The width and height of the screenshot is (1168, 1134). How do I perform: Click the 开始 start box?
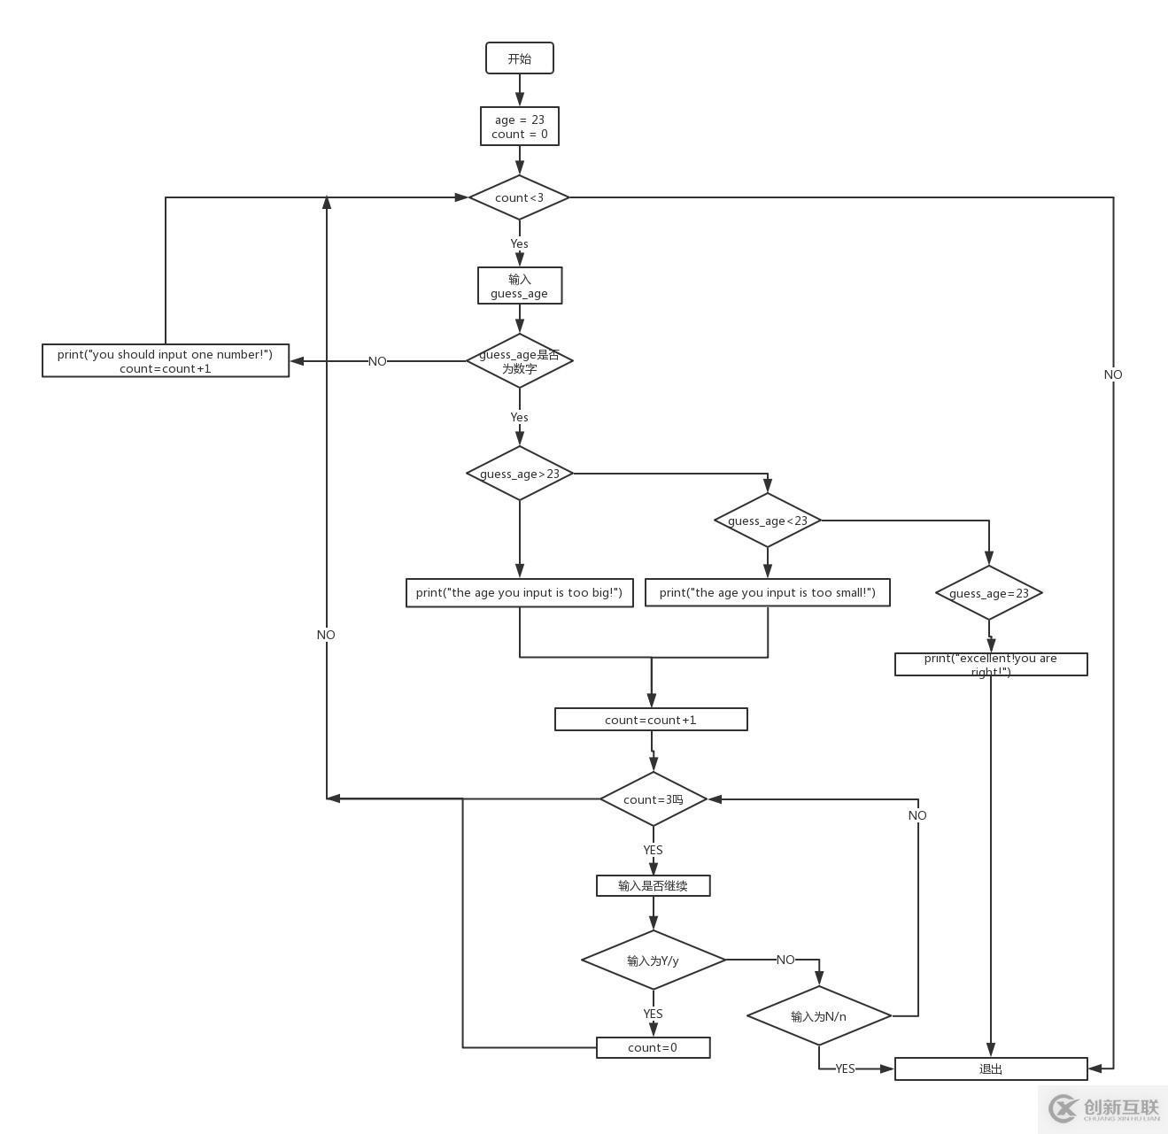(520, 58)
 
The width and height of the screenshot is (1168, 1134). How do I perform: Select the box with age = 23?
(520, 127)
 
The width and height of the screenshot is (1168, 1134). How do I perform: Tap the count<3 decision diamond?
(519, 197)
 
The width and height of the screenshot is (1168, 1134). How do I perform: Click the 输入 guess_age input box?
(520, 286)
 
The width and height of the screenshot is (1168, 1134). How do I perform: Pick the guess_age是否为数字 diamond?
(520, 361)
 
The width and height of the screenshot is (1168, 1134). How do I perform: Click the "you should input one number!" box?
(166, 361)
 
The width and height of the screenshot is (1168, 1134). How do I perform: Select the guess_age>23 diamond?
(520, 474)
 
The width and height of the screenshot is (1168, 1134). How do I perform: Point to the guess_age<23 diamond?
(768, 521)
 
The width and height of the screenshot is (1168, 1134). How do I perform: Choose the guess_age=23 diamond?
(989, 593)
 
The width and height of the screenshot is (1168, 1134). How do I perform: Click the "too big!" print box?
(520, 593)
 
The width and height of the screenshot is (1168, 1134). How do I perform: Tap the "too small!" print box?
(768, 593)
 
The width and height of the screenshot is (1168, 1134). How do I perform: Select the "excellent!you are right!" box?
(991, 665)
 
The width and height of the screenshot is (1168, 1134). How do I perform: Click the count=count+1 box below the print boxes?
(651, 720)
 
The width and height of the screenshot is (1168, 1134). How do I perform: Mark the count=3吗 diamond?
(654, 799)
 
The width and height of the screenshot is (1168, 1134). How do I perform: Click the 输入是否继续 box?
(654, 885)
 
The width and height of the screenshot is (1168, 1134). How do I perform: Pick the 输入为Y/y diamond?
(654, 960)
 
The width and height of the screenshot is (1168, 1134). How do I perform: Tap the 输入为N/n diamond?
(819, 1016)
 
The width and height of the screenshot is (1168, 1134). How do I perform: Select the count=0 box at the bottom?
(654, 1048)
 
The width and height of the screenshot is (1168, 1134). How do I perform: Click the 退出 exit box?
(991, 1069)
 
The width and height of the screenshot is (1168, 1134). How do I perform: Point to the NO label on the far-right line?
(1113, 374)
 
